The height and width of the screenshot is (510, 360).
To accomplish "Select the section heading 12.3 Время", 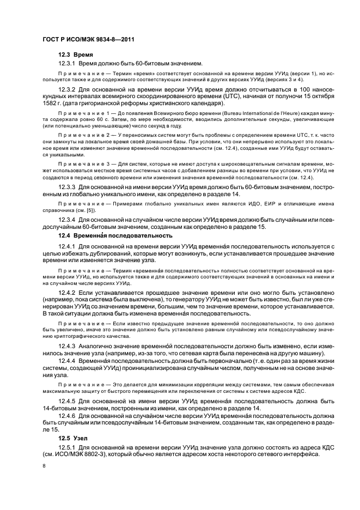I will [x=76, y=55].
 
